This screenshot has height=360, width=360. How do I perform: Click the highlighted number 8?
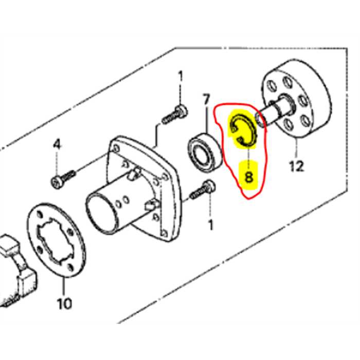pyautogui.click(x=249, y=177)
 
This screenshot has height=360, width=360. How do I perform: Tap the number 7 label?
pyautogui.click(x=206, y=98)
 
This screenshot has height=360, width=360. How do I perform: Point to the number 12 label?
pyautogui.click(x=297, y=166)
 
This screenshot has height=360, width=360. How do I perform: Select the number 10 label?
pyautogui.click(x=64, y=303)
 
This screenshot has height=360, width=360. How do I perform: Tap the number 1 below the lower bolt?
pyautogui.click(x=209, y=225)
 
